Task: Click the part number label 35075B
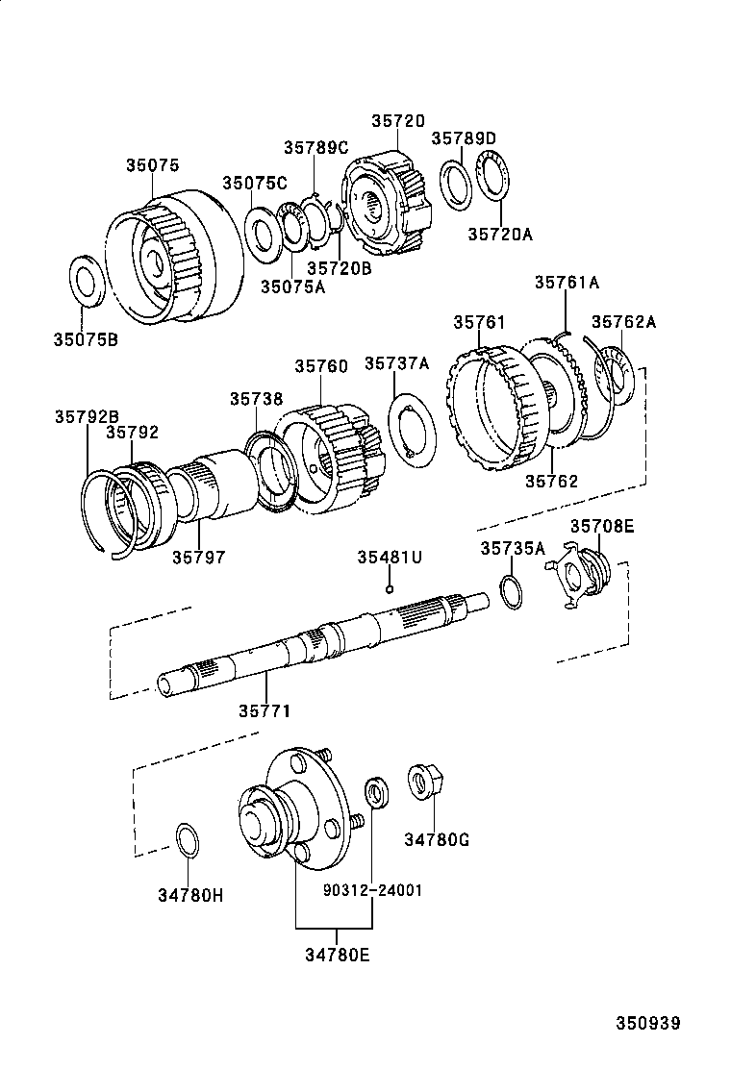click(85, 338)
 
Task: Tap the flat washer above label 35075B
click(88, 281)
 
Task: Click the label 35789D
click(464, 138)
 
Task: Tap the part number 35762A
click(623, 322)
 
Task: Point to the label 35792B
click(87, 416)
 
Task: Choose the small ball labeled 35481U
click(390, 588)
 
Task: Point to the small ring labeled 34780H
click(189, 839)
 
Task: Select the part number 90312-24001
click(371, 890)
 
